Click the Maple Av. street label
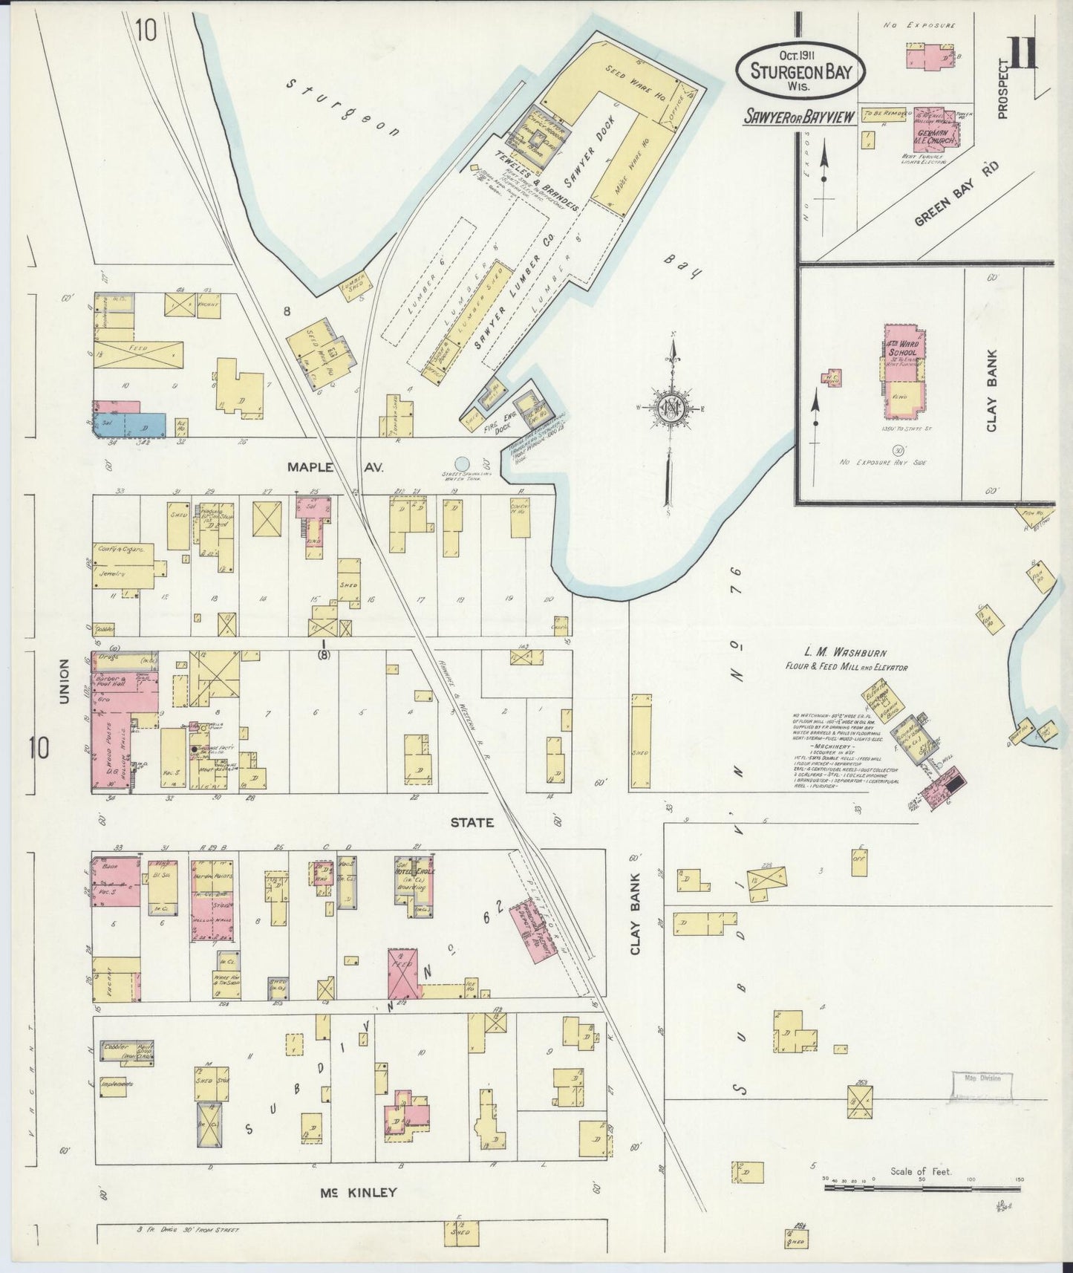[322, 467]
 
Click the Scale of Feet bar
[922, 1188]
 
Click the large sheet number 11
[1022, 53]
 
